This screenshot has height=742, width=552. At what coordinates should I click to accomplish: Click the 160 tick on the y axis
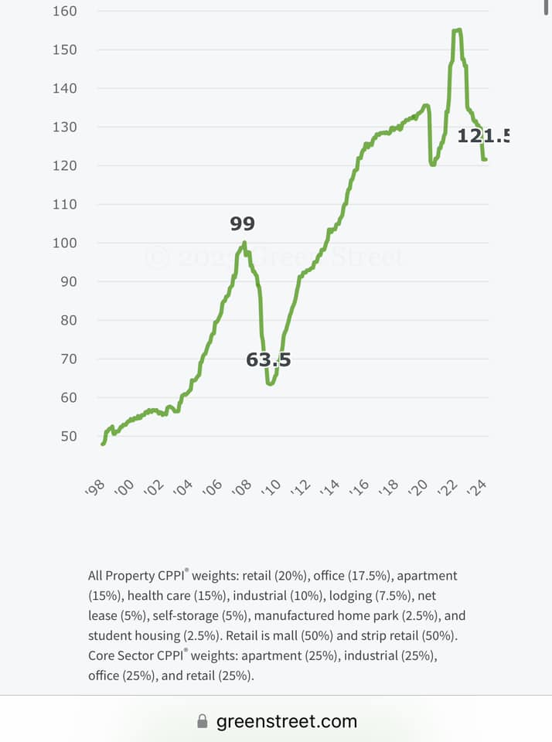pyautogui.click(x=64, y=11)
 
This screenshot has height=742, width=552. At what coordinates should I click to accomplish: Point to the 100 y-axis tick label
pyautogui.click(x=64, y=243)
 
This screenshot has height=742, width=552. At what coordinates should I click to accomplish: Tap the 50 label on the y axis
pyautogui.click(x=68, y=436)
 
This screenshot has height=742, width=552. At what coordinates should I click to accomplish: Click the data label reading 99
pyautogui.click(x=242, y=224)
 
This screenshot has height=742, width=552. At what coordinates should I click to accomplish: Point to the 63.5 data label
pyautogui.click(x=268, y=359)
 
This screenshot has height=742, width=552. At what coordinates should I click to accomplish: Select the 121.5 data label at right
pyautogui.click(x=483, y=136)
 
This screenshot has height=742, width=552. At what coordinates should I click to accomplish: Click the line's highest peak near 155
pyautogui.click(x=457, y=30)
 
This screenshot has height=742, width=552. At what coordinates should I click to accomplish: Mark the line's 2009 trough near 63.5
pyautogui.click(x=270, y=383)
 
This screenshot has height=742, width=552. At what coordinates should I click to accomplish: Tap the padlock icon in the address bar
pyautogui.click(x=203, y=722)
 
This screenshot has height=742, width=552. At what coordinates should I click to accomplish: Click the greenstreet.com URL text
pyautogui.click(x=286, y=722)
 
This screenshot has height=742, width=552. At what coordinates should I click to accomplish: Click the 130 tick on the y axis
pyautogui.click(x=64, y=127)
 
